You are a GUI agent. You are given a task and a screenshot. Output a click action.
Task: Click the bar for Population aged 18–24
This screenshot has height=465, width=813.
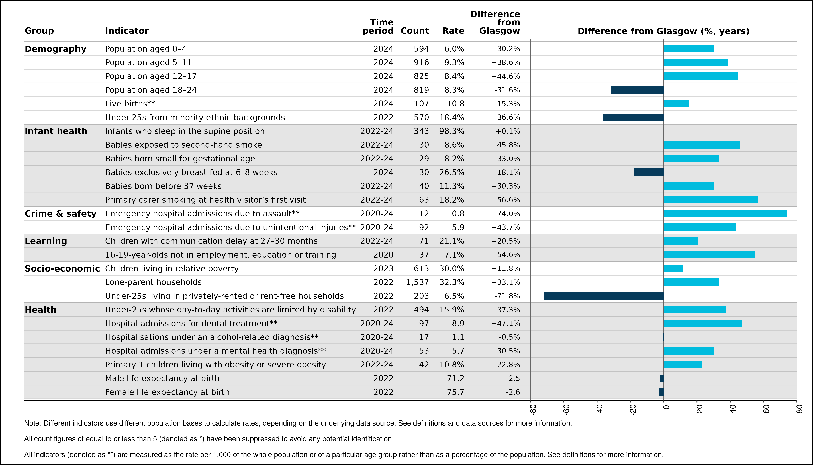pyautogui.click(x=637, y=90)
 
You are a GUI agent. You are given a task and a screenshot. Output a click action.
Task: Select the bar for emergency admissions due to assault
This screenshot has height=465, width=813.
pyautogui.click(x=725, y=213)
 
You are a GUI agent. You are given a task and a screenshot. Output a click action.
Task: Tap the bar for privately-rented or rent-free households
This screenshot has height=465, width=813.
pyautogui.click(x=604, y=296)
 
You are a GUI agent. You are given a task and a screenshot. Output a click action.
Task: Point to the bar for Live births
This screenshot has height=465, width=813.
pyautogui.click(x=676, y=104)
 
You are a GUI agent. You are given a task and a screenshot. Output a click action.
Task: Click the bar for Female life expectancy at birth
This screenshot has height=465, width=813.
pyautogui.click(x=661, y=392)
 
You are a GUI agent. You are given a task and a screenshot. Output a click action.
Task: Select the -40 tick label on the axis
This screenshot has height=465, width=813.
pyautogui.click(x=600, y=410)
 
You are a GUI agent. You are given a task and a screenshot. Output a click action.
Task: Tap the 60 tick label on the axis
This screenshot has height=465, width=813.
pyautogui.click(x=766, y=409)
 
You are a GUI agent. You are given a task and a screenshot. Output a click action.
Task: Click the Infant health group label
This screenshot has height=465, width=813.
pyautogui.click(x=56, y=131)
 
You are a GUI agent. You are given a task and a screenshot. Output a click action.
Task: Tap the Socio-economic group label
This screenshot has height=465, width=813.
pyautogui.click(x=62, y=268)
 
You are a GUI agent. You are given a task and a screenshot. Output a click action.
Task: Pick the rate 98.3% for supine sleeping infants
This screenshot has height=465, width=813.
pyautogui.click(x=452, y=131)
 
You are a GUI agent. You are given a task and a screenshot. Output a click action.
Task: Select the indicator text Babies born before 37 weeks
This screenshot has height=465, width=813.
pyautogui.click(x=163, y=186)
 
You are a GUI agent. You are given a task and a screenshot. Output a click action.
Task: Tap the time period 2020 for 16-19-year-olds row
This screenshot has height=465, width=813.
pyautogui.click(x=383, y=254)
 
